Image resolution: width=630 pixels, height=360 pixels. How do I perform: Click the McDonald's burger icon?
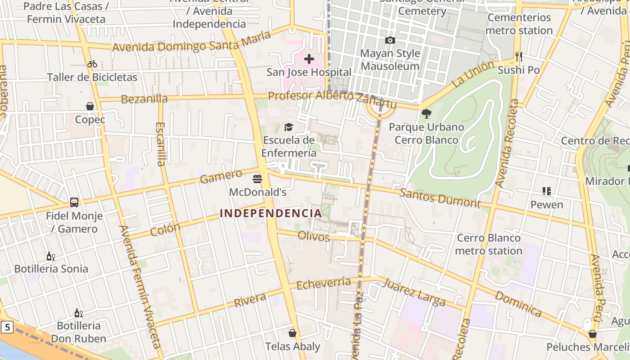(x=257, y=179)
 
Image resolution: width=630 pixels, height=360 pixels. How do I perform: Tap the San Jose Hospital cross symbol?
(x=309, y=59)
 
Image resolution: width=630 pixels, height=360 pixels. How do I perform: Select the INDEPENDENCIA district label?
(x=271, y=213)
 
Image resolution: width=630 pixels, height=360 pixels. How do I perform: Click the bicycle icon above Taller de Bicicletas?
(x=92, y=64)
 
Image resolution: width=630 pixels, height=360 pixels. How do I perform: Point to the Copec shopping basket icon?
(x=90, y=106)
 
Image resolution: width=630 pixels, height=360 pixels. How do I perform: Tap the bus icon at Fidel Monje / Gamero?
(x=74, y=202)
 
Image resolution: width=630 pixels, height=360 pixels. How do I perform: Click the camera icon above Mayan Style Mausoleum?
(x=390, y=40)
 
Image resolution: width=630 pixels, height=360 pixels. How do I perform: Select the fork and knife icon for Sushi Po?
(x=519, y=57)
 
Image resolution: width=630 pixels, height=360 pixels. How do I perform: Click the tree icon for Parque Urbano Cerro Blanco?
(x=426, y=113)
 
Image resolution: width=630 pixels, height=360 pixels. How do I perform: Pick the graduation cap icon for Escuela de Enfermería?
(x=288, y=127)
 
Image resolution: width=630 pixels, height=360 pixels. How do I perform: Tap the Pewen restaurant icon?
(x=547, y=191)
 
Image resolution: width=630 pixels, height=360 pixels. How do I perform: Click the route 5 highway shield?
(x=7, y=327)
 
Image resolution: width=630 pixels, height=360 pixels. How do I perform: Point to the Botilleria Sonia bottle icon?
(x=51, y=256)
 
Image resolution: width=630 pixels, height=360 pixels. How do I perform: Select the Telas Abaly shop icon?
(x=292, y=333)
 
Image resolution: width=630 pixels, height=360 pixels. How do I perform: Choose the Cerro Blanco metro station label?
(x=489, y=244)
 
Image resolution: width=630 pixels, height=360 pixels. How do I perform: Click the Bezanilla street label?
(x=144, y=99)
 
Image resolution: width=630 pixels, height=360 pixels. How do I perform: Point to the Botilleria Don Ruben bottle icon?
(x=78, y=313)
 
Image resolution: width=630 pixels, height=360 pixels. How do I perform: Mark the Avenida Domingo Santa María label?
(x=191, y=41)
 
